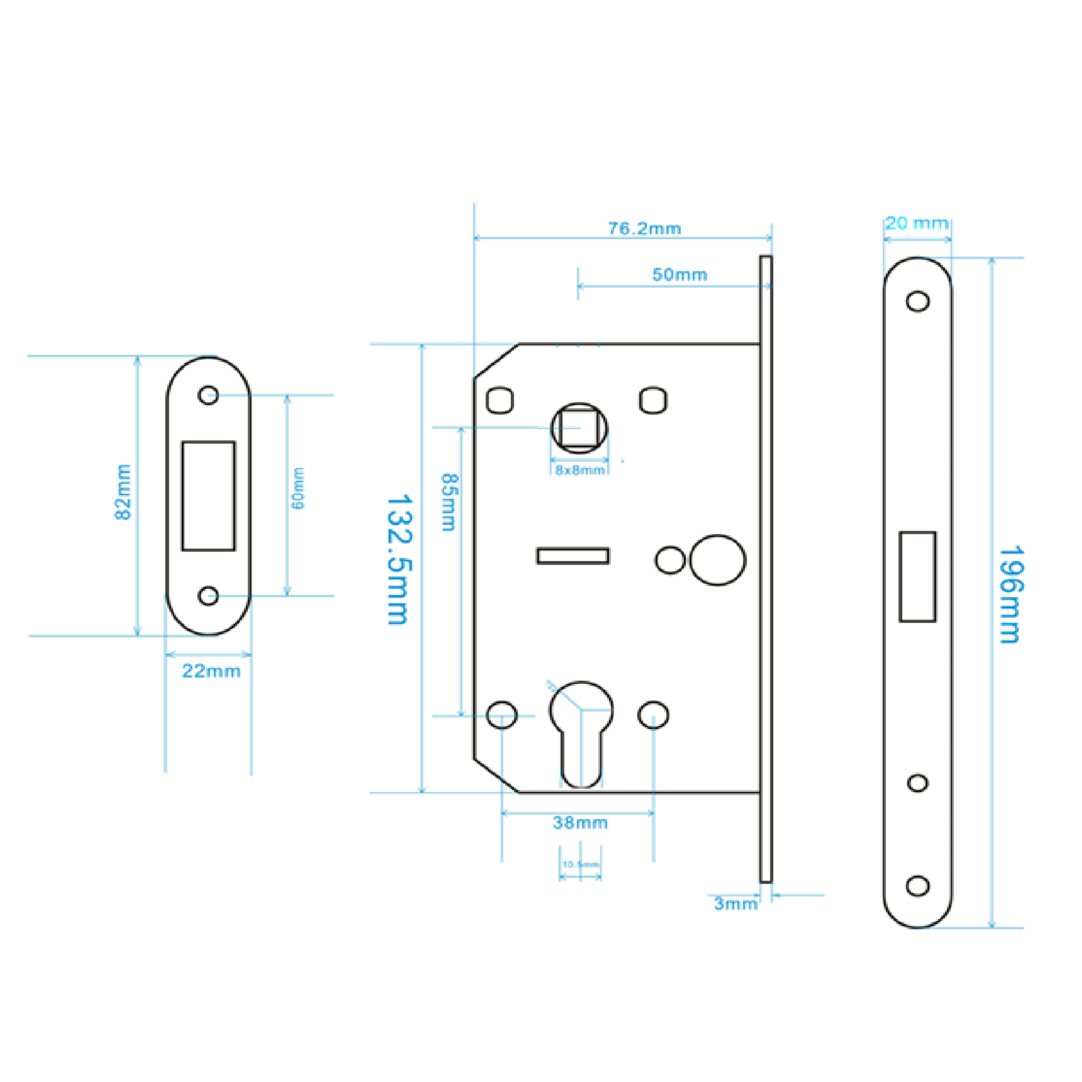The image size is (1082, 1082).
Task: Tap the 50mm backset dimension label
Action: (679, 274)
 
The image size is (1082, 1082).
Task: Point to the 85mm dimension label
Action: (449, 503)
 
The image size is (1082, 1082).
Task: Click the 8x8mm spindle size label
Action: (579, 471)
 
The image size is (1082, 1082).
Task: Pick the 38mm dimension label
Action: (580, 823)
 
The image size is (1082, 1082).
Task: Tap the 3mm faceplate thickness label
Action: (735, 903)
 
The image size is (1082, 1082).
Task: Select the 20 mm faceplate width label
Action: (917, 223)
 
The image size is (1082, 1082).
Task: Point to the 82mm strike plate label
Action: (123, 492)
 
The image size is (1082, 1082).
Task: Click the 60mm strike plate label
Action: (299, 489)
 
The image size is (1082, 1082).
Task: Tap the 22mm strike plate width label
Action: (211, 671)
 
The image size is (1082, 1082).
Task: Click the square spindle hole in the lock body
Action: (579, 428)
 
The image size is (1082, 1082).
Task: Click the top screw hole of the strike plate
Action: (208, 395)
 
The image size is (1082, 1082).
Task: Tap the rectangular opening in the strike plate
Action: (208, 496)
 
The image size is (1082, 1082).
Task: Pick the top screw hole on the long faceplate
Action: (918, 301)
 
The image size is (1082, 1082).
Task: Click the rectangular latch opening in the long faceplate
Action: (918, 576)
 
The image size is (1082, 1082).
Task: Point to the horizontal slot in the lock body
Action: (572, 556)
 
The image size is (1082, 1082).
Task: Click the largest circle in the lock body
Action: (717, 560)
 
